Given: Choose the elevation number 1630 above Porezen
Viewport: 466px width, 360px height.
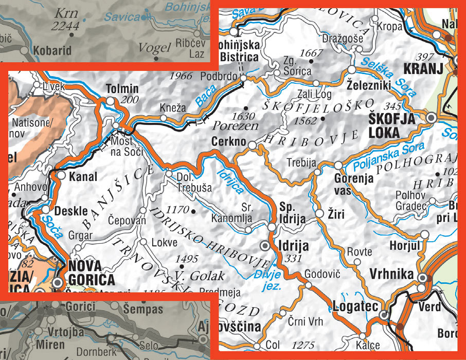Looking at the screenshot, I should (x=243, y=116).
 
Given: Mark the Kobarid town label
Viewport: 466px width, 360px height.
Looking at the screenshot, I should (x=51, y=51).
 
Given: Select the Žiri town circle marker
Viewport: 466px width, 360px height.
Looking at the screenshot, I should (x=319, y=213).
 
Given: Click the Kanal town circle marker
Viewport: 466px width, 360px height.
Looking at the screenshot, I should (x=61, y=175).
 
